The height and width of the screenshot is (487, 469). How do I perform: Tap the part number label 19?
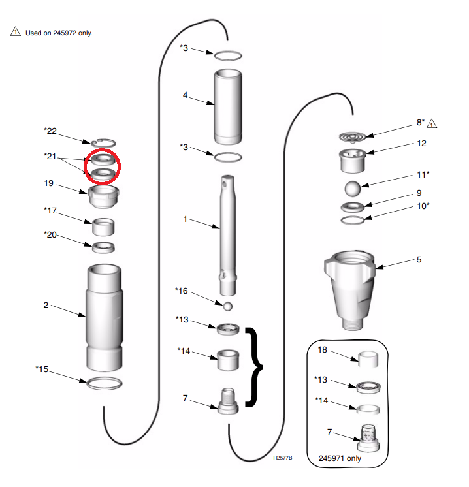(x=48, y=183)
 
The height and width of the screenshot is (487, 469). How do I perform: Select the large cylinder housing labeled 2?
(x=104, y=317)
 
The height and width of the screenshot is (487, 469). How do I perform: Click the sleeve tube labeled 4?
(x=228, y=106)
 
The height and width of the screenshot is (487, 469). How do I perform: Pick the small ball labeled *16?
(x=228, y=306)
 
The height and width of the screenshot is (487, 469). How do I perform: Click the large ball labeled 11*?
(x=353, y=189)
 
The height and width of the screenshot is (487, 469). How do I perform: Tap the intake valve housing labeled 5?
(x=349, y=291)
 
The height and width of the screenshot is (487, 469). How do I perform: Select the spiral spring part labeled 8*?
(x=352, y=137)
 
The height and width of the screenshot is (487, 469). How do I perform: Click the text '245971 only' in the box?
(x=340, y=458)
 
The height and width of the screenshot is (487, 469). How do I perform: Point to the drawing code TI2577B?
(x=282, y=458)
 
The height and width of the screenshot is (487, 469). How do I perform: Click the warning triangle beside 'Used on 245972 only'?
(x=16, y=31)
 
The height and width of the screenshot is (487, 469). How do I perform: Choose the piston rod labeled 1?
(x=228, y=236)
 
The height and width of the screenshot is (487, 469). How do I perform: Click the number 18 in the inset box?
(x=322, y=350)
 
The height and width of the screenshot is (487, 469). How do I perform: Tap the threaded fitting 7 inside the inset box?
(x=368, y=439)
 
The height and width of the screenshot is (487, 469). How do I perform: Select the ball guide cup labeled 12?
(x=353, y=161)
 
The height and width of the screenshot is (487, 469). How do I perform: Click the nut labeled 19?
(x=103, y=197)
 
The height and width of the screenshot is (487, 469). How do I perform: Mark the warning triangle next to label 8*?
(x=432, y=123)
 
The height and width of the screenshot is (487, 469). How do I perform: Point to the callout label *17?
(x=50, y=211)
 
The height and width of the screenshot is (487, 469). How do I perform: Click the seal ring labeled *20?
(x=103, y=247)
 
